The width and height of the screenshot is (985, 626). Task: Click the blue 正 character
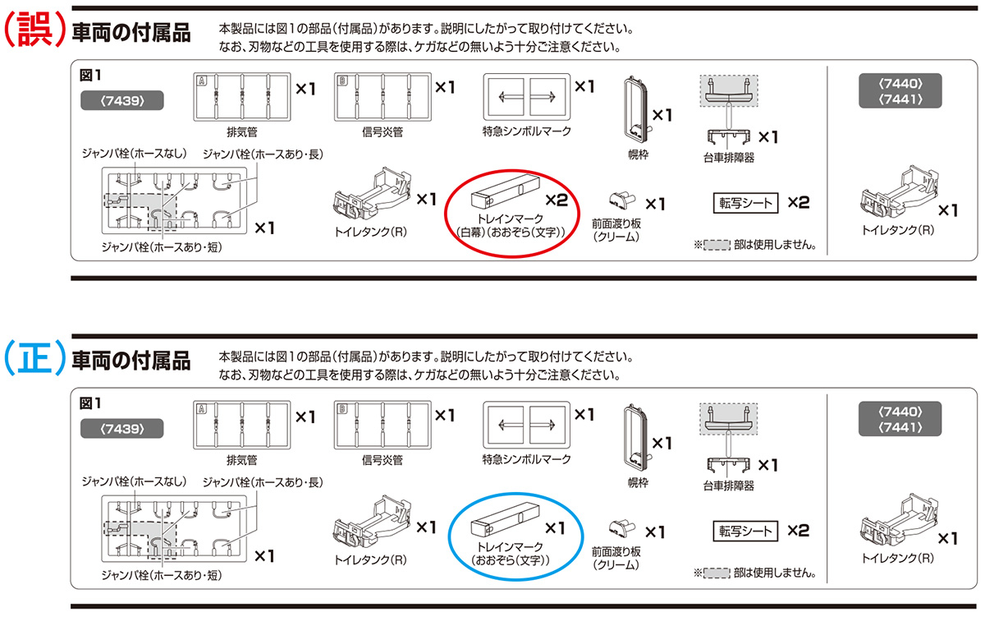pyautogui.click(x=33, y=360)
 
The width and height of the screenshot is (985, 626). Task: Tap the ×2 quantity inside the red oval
pyautogui.click(x=557, y=199)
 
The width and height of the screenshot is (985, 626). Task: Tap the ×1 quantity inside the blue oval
pyautogui.click(x=557, y=527)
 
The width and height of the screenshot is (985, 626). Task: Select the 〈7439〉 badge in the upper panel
pyautogui.click(x=121, y=100)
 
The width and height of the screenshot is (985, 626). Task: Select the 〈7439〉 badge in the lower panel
pyautogui.click(x=121, y=428)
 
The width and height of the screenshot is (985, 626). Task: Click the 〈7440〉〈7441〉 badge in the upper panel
pyautogui.click(x=900, y=91)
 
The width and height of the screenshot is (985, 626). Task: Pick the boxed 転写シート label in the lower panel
pyautogui.click(x=746, y=531)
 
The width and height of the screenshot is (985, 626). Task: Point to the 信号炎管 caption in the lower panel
pyautogui.click(x=382, y=459)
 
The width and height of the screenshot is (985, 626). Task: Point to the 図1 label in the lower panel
pyautogui.click(x=89, y=403)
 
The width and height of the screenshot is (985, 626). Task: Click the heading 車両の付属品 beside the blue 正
pyautogui.click(x=131, y=361)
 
